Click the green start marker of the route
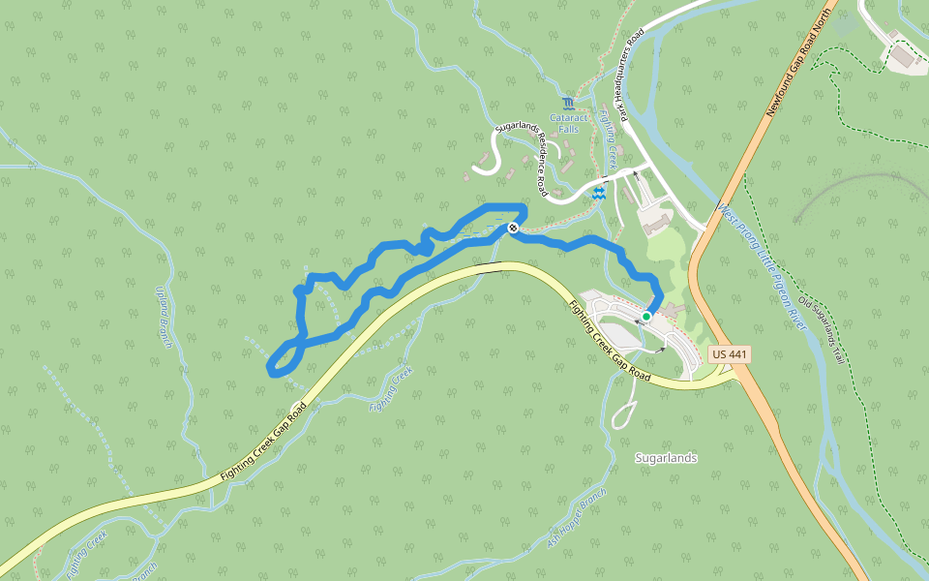[x=646, y=316]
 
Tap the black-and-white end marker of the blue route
[x=513, y=229]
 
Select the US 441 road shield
[x=729, y=354]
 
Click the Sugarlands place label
[x=666, y=458]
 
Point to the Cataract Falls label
[x=569, y=123]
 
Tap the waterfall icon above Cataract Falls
[x=567, y=103]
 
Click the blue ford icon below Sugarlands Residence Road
[x=599, y=195]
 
